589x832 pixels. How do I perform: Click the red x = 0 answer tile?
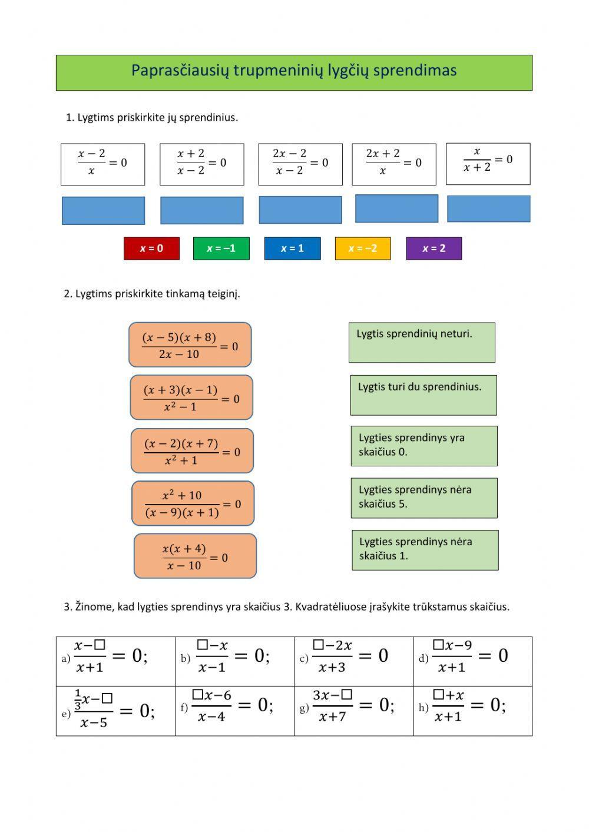click(x=151, y=248)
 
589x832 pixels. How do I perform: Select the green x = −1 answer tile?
click(x=221, y=248)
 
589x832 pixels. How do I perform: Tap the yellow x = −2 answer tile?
click(x=363, y=248)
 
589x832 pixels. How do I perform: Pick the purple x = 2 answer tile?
click(x=434, y=248)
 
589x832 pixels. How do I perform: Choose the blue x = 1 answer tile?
click(x=293, y=248)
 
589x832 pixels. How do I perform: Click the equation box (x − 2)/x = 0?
click(x=103, y=164)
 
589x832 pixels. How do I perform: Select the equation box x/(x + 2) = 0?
click(x=488, y=164)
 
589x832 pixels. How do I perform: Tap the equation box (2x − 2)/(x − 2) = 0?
click(x=300, y=164)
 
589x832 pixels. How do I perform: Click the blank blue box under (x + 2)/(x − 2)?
click(x=202, y=211)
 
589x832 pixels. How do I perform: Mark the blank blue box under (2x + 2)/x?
click(x=397, y=209)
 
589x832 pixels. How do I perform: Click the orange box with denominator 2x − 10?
click(x=190, y=344)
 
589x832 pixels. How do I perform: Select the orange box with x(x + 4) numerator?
click(x=195, y=556)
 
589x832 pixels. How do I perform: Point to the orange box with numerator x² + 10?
click(x=193, y=503)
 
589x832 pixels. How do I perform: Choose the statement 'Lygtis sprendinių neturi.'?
click(x=422, y=343)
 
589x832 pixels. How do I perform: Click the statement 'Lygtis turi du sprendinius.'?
click(x=423, y=395)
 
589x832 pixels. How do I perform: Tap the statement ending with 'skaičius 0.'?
click(x=425, y=446)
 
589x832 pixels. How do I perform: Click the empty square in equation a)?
click(x=100, y=644)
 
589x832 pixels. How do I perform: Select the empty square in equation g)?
click(x=347, y=694)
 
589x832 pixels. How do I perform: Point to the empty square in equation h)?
click(x=438, y=694)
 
